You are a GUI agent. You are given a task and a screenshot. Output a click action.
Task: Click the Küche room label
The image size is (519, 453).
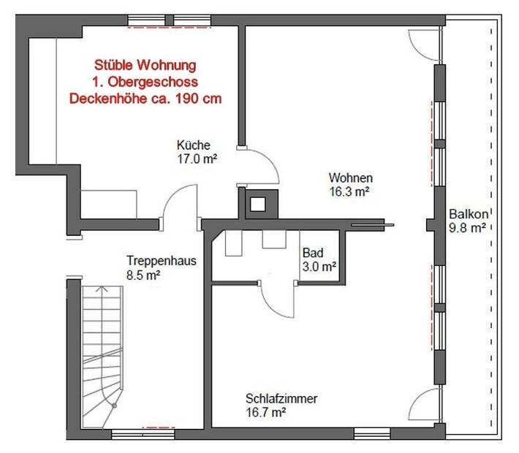coord(194,145)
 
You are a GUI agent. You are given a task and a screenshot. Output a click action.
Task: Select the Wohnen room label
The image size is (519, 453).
coord(351,178)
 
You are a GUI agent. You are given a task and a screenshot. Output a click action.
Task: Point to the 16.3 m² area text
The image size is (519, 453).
coord(348,191)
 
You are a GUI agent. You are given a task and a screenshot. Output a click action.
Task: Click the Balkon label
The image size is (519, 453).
coord(468,215)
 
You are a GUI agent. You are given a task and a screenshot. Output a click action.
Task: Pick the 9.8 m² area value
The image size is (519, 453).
coord(468,228)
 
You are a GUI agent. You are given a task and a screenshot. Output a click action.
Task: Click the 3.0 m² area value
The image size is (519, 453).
coord(319,267)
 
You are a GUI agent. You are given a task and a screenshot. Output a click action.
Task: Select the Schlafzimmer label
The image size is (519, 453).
coord(281,399)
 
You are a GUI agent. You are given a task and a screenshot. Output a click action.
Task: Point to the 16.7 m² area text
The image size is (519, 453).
coord(265,412)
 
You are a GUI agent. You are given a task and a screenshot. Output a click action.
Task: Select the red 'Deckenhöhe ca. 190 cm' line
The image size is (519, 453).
coord(145,97)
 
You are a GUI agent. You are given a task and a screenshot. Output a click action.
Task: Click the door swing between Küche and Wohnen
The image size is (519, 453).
coord(262,164)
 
